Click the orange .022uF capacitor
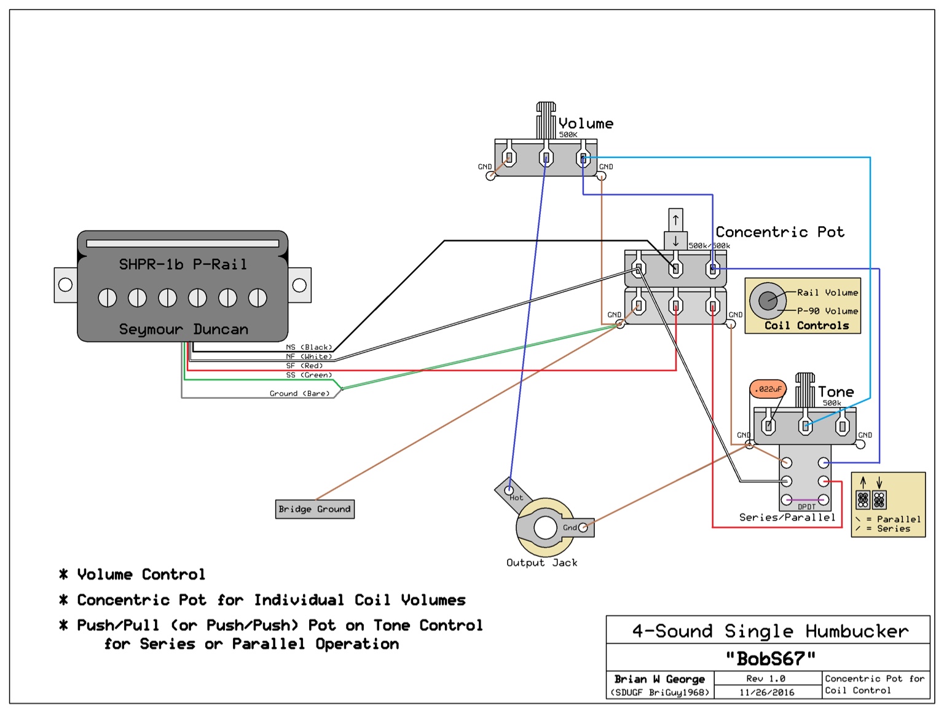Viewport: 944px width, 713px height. click(768, 389)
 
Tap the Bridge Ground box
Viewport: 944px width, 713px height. click(315, 509)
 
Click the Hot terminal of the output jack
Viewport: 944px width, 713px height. click(509, 490)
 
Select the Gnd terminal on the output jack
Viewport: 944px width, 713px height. click(583, 527)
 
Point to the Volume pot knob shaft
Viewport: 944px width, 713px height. click(546, 120)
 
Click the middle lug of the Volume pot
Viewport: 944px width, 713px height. click(546, 158)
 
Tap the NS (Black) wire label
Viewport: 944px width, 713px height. click(309, 347)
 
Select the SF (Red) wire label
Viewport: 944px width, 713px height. click(304, 366)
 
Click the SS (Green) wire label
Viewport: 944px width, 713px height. click(309, 375)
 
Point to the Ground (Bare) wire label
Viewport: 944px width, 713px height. click(300, 393)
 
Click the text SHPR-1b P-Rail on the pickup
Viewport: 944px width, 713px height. click(183, 264)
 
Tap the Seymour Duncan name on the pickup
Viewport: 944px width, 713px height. click(183, 329)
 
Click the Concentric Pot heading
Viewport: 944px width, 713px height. click(780, 232)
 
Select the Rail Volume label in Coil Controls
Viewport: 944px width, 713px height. click(827, 293)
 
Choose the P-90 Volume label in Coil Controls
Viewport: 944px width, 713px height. click(827, 311)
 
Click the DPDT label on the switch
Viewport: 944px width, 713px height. click(806, 507)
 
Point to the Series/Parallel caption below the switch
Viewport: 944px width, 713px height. click(787, 518)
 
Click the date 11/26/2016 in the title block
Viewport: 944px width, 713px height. click(766, 692)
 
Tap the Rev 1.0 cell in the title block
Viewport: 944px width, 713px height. click(766, 679)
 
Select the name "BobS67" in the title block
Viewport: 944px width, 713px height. click(771, 659)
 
